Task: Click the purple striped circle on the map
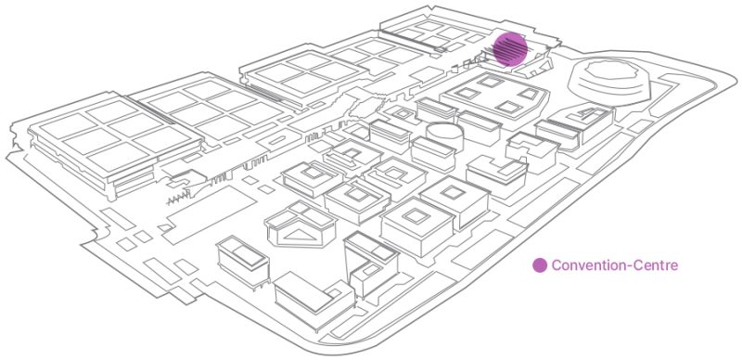[509, 48]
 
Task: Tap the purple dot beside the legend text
[539, 266]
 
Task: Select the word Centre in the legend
[658, 266]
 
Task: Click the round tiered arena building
[609, 78]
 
